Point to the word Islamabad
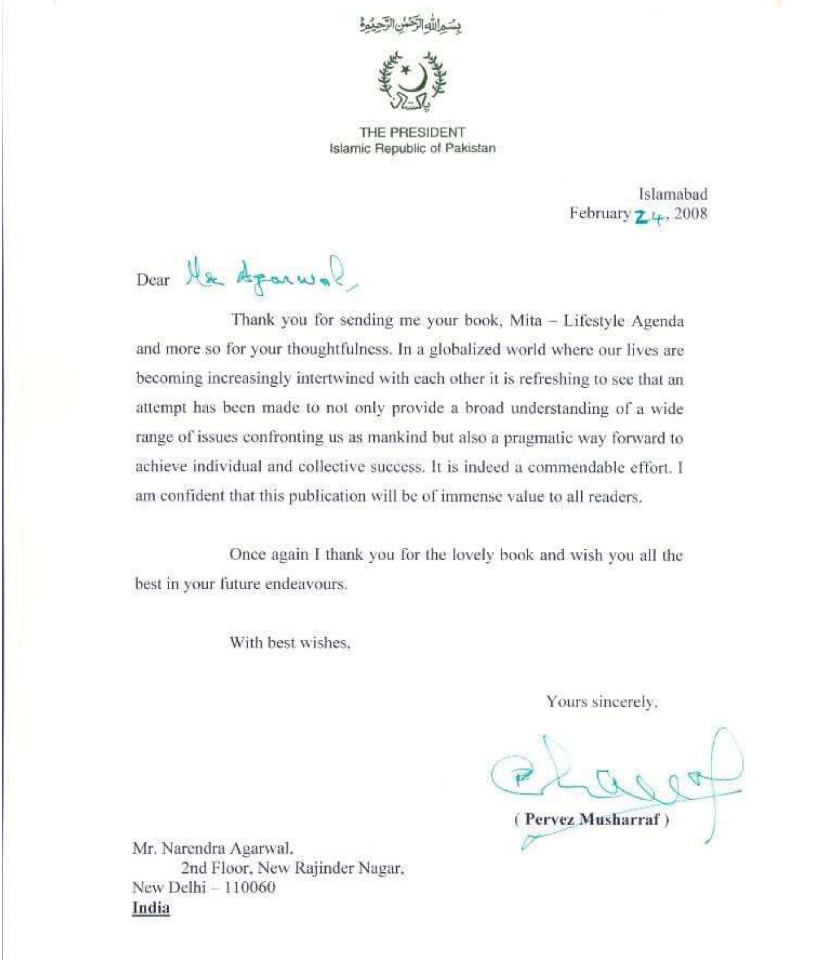(673, 194)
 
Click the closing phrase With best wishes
(290, 642)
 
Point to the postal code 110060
(250, 887)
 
